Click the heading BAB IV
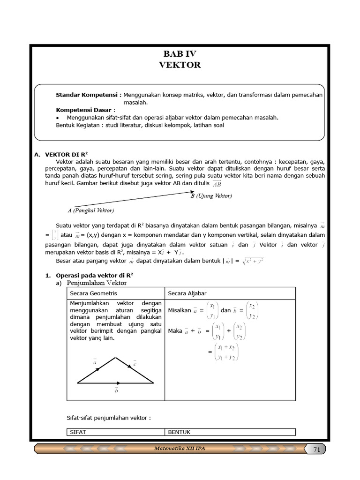180,53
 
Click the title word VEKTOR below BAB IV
180,65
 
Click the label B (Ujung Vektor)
211,196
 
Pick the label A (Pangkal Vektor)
90,210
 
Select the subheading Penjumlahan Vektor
97,283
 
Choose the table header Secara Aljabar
187,293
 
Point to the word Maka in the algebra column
175,331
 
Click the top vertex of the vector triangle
114,357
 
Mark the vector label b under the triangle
116,390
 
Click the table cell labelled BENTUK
180,432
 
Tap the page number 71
316,450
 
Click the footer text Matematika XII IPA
180,449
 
